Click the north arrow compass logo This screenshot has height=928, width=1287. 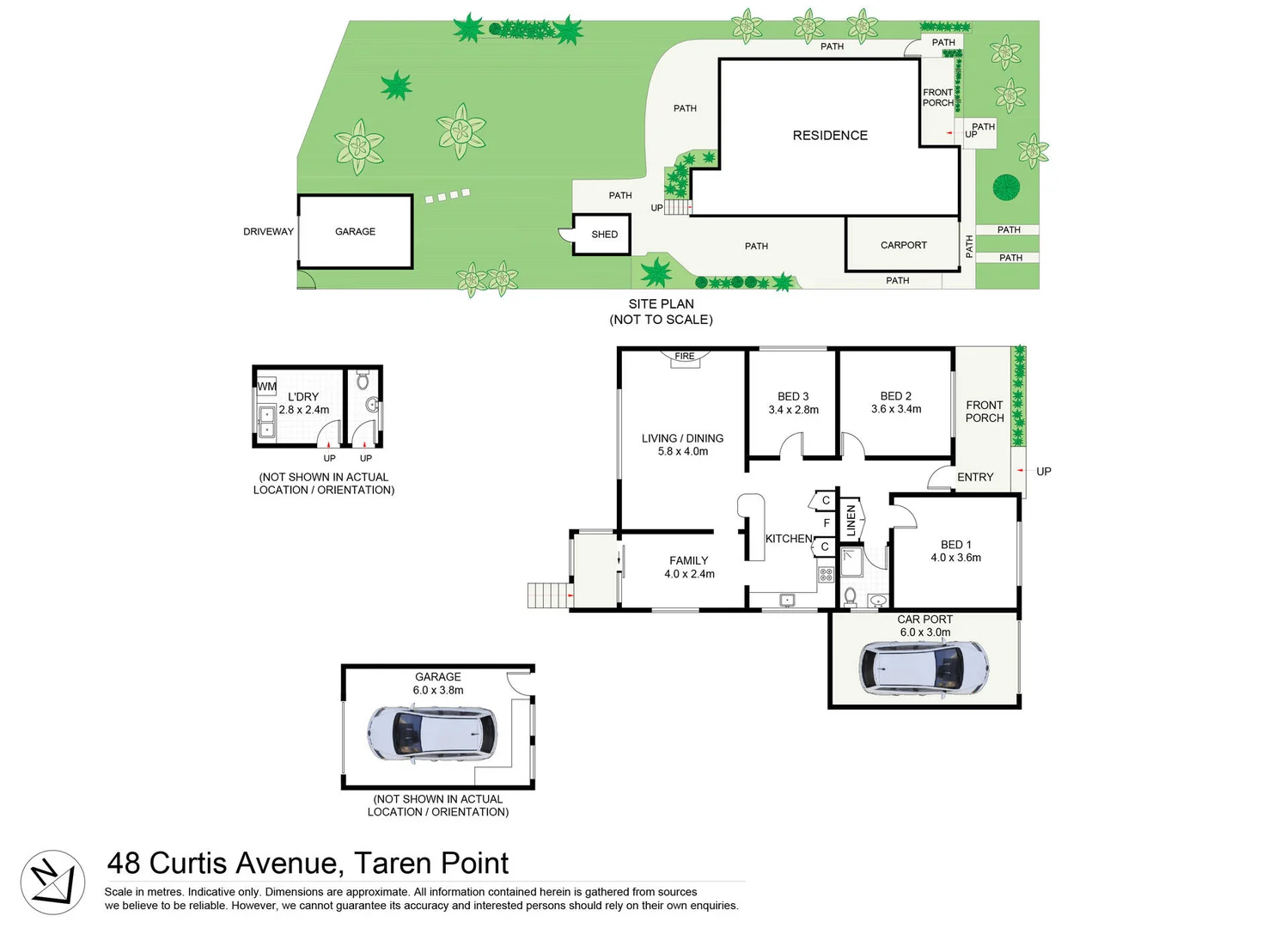point(52,882)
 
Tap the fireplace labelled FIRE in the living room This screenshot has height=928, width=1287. point(685,357)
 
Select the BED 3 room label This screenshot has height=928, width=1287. point(793,396)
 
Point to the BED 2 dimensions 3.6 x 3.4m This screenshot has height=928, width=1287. point(896,409)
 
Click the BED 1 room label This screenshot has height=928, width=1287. point(955,545)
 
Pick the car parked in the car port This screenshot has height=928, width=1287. point(924,669)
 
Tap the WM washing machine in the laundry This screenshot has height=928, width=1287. point(267,387)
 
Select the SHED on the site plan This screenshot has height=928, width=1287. point(603,235)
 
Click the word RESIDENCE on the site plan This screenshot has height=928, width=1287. point(830,136)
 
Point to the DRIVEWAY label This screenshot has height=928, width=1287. point(268,232)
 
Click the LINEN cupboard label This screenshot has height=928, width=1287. point(851,521)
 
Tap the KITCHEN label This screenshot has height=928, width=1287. point(789,539)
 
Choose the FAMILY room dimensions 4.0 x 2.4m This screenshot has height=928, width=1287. point(689,574)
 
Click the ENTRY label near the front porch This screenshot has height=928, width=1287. point(975,477)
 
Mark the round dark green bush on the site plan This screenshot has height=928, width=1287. point(1006,187)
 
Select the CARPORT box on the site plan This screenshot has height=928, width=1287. point(903,245)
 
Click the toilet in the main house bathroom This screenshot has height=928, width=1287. point(850,596)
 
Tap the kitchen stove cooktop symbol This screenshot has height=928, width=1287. point(826,574)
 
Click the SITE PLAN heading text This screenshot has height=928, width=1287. point(661,304)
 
